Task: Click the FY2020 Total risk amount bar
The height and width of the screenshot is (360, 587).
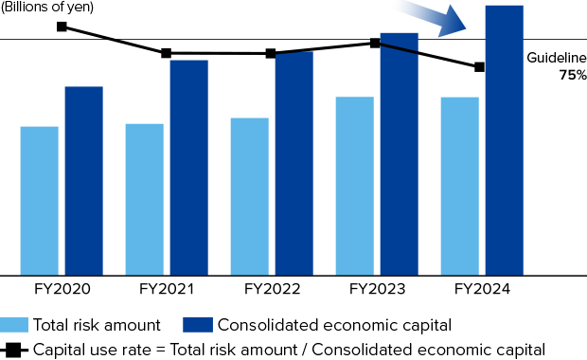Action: [39, 200]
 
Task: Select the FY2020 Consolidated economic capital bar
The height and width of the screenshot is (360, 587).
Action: [83, 180]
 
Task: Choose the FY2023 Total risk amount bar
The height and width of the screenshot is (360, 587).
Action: [354, 186]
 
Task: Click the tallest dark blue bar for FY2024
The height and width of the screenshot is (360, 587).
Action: [504, 140]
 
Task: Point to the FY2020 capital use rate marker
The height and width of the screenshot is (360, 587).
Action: [62, 27]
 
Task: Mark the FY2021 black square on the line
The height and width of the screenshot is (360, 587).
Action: [167, 53]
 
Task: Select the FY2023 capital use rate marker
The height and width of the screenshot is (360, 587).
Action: [376, 43]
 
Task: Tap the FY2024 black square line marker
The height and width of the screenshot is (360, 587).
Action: [480, 67]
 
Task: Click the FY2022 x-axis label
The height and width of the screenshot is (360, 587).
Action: [272, 289]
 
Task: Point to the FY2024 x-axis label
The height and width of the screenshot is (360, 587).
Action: [482, 289]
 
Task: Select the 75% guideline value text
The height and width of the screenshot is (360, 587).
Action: [572, 75]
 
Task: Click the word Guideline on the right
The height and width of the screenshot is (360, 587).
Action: [557, 58]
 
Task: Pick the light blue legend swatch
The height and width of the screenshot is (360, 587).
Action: [13, 325]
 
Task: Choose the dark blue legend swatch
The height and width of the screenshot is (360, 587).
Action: [198, 325]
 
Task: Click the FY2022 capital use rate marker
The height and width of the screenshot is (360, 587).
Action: [272, 53]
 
